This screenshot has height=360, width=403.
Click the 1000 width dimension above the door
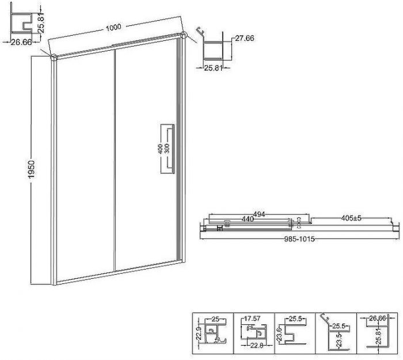[x=113, y=27]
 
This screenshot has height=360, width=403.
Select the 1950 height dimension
[x=31, y=169]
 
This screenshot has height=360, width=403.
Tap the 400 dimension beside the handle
[x=161, y=149]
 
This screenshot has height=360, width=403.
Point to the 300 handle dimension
[x=167, y=149]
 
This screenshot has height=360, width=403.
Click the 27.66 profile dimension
[x=245, y=38]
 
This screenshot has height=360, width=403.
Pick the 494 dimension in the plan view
[x=259, y=214]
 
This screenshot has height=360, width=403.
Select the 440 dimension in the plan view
[x=248, y=219]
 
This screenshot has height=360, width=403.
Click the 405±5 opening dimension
[x=351, y=218]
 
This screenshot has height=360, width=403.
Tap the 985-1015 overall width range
[x=299, y=239]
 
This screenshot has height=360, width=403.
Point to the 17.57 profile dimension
[x=252, y=319]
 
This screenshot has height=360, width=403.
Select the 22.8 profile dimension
[x=257, y=346]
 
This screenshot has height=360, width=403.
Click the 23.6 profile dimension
[x=280, y=334]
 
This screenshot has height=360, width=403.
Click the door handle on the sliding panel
[x=168, y=149]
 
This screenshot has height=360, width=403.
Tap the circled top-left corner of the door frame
[x=54, y=58]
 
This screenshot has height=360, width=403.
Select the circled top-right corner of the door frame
[x=184, y=35]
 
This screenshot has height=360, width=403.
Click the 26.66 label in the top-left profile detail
[x=21, y=42]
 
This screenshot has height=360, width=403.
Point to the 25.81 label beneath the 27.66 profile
[x=213, y=68]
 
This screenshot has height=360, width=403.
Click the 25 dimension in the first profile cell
[x=215, y=319]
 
